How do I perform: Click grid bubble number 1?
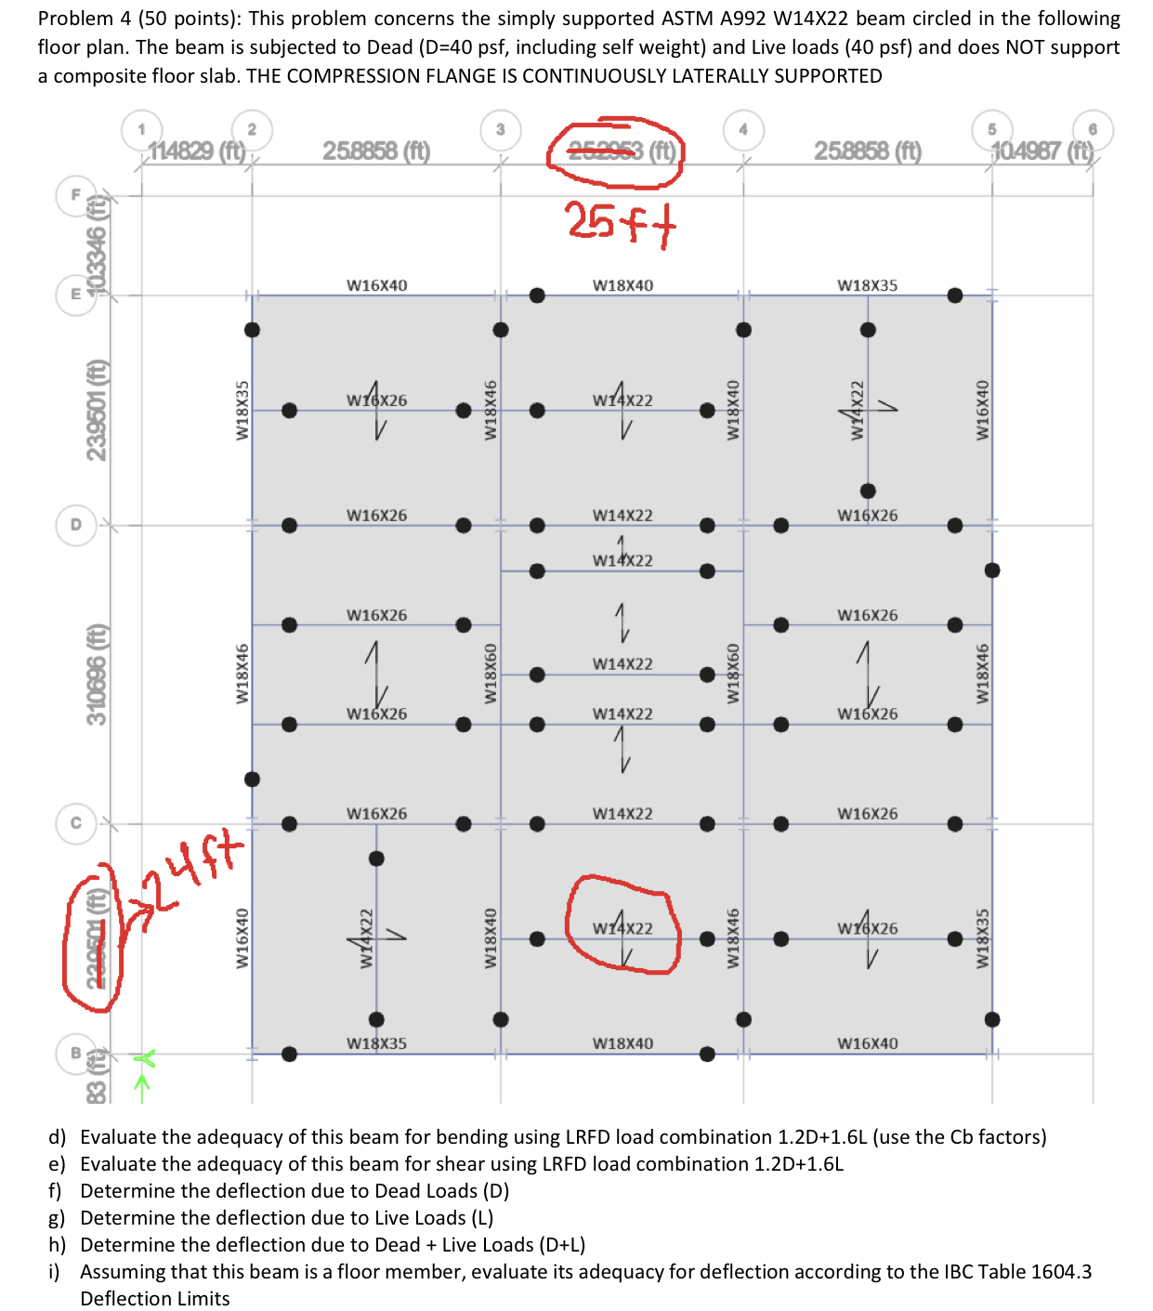(x=141, y=129)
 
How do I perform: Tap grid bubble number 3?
(x=500, y=129)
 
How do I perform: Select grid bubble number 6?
(x=1093, y=129)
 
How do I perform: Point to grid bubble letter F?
(x=76, y=194)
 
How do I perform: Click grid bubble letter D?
(x=76, y=524)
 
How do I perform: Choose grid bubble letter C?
(x=76, y=822)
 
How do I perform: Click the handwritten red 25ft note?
(x=620, y=222)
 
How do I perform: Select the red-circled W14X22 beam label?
(x=622, y=928)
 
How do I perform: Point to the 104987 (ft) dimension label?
(x=1042, y=151)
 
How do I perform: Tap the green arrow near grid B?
(x=141, y=1078)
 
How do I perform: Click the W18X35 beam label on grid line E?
(x=867, y=285)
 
